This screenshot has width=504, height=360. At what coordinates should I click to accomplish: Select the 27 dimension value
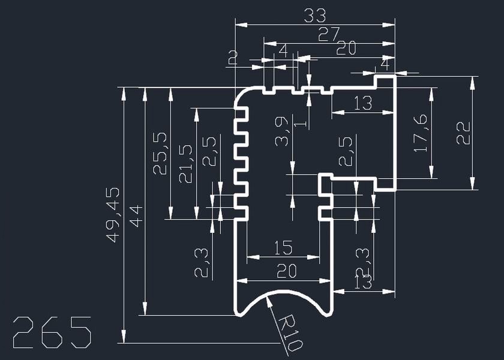pyautogui.click(x=329, y=34)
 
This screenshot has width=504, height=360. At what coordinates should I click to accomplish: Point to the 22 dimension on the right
pyautogui.click(x=463, y=133)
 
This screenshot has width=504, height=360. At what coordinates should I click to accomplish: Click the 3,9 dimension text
pyautogui.click(x=282, y=132)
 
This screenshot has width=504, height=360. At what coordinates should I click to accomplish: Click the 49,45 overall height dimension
pyautogui.click(x=113, y=214)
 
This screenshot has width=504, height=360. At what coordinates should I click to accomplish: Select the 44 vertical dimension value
pyautogui.click(x=136, y=215)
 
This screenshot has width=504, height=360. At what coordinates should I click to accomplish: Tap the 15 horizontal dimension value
pyautogui.click(x=283, y=247)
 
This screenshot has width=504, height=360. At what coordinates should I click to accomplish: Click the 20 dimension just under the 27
pyautogui.click(x=346, y=49)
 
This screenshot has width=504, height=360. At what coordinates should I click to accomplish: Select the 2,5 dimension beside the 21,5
pyautogui.click(x=209, y=152)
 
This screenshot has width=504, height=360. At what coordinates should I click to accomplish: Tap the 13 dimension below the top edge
pyautogui.click(x=363, y=103)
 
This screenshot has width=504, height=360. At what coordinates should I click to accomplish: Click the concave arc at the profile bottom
pyautogui.click(x=283, y=292)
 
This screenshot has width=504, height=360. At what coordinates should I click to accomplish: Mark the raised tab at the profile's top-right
pyautogui.click(x=385, y=81)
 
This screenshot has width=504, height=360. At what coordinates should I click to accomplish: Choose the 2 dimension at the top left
pyautogui.click(x=233, y=58)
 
